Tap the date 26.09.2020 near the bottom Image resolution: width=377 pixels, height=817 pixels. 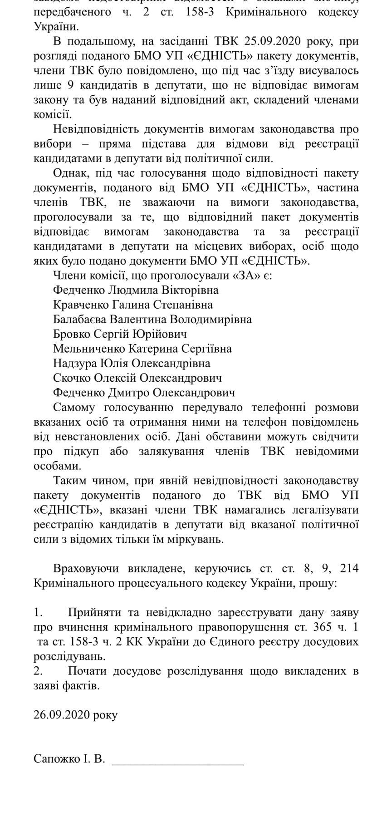point(63,715)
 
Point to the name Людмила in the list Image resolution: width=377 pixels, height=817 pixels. point(129,290)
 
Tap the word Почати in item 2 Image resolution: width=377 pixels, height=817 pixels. point(86,671)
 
